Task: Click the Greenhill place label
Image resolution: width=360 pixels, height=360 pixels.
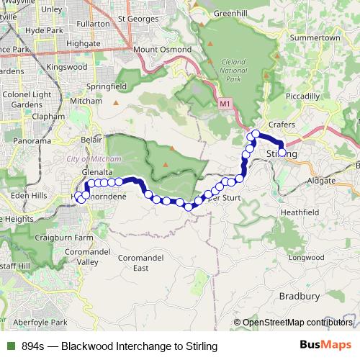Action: [230, 12]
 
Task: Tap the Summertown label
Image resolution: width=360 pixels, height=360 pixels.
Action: [315, 37]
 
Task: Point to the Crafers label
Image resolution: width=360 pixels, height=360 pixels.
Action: [283, 125]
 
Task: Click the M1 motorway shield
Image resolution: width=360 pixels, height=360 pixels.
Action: [226, 104]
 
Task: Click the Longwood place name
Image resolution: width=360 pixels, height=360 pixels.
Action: [306, 257]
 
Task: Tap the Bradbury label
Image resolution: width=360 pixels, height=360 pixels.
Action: [299, 296]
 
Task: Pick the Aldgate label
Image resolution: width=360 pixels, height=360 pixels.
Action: [320, 180]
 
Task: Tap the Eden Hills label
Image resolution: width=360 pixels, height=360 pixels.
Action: [29, 195]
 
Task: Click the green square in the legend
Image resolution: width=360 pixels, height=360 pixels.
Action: [11, 346]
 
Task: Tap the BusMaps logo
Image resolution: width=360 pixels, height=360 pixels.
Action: [325, 346]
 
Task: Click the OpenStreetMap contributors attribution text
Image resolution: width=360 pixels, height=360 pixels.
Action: [297, 323]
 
